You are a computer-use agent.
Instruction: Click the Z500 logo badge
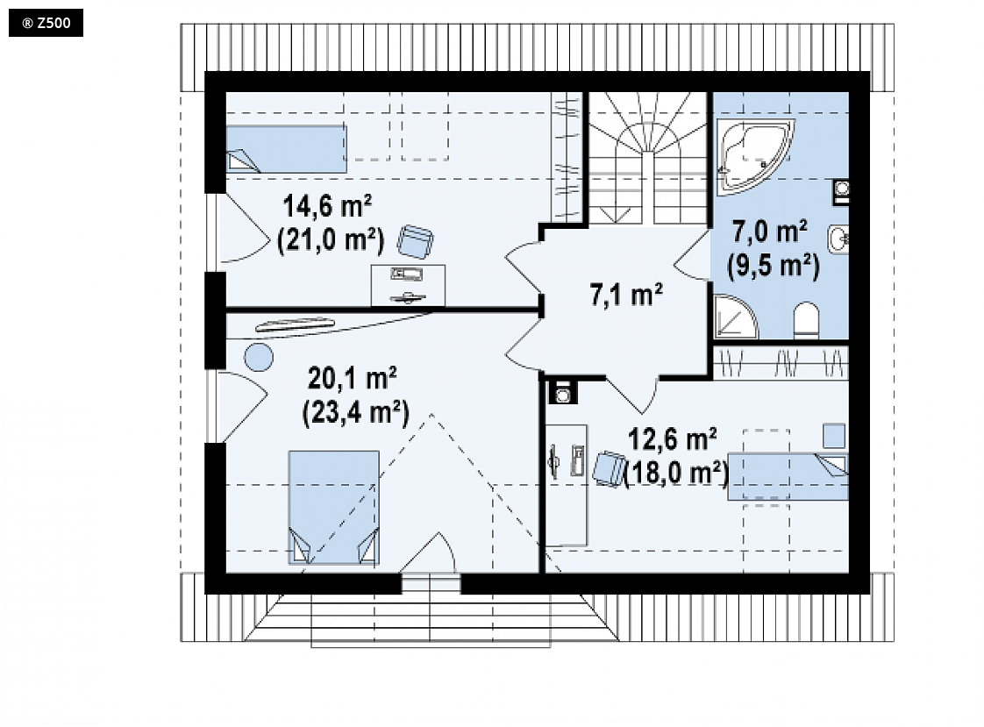46,24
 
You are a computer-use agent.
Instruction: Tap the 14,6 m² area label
327,206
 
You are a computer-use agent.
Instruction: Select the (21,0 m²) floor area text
331,239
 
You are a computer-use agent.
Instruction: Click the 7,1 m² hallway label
625,294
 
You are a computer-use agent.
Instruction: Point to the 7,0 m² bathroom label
770,232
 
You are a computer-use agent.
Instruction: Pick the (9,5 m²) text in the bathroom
774,266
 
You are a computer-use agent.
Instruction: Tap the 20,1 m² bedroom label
352,378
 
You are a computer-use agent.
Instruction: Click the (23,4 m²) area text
356,413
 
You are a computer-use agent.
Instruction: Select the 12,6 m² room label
672,439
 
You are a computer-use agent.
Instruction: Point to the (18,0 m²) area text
676,473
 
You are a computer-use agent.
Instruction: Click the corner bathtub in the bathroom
753,153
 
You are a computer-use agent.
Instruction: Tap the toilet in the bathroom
806,321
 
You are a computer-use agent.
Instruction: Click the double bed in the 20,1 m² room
334,507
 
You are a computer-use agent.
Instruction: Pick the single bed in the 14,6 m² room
286,149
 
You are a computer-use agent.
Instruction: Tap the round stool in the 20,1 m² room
259,358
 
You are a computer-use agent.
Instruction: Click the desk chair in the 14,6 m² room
416,241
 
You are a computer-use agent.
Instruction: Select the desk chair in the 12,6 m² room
609,467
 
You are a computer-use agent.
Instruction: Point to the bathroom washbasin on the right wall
838,239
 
